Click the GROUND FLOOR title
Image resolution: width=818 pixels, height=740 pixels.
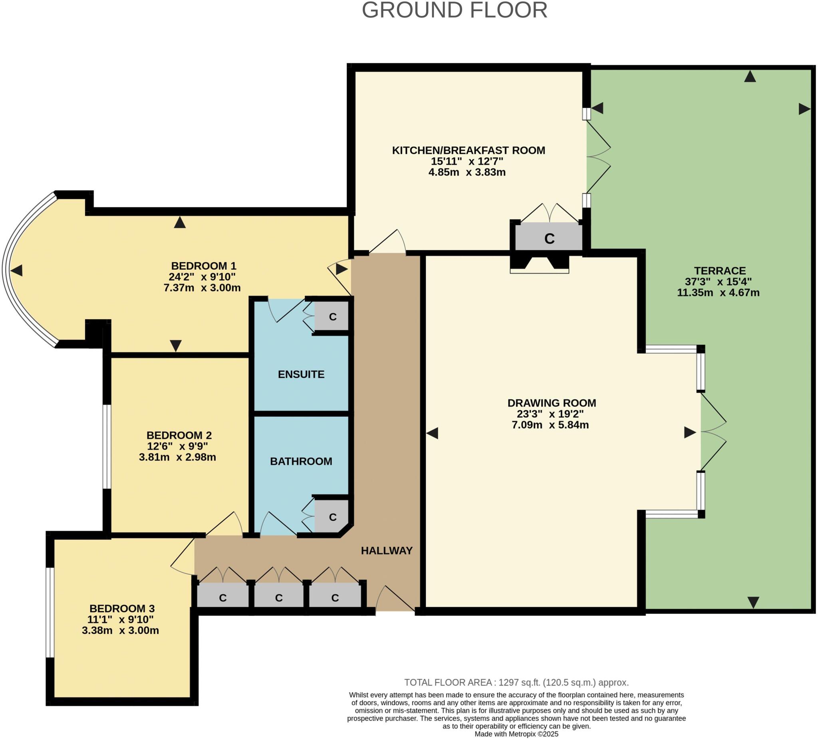point(455,10)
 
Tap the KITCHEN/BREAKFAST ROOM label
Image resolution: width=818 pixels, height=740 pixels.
point(468,151)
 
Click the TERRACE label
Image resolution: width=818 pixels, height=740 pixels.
point(719,271)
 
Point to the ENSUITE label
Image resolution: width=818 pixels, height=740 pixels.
point(301,375)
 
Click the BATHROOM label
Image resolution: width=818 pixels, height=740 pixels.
point(301,461)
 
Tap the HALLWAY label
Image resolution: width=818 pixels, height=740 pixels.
point(387,551)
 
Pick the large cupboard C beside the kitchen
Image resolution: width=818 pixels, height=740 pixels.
point(549,238)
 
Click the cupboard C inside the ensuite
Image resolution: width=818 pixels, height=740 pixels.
point(333,317)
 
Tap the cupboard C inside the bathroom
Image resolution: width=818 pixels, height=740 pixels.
point(333,517)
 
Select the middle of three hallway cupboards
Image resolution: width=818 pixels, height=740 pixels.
point(279,597)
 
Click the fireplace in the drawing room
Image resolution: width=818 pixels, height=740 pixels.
point(539,264)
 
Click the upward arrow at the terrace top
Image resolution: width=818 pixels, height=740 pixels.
point(750,76)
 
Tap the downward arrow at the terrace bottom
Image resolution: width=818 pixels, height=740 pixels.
point(753,602)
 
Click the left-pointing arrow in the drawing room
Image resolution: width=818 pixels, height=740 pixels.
point(432,433)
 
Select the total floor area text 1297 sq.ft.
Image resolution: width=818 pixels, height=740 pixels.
point(516,682)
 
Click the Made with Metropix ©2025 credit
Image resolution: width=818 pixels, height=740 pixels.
point(516,734)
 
